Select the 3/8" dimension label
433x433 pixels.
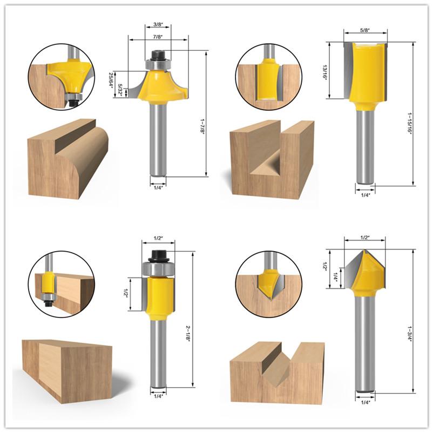click(x=158, y=25)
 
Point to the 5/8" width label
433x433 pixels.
click(x=365, y=30)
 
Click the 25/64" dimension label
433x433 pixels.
click(x=110, y=79)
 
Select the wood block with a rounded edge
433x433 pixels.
click(x=67, y=159)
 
